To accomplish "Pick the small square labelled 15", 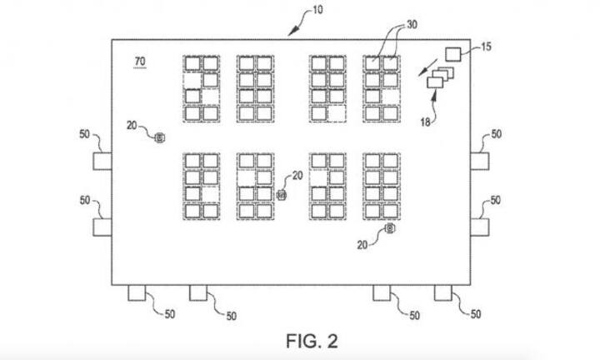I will (454, 54).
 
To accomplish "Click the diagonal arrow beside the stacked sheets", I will (427, 65).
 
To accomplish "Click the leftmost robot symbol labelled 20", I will (161, 136).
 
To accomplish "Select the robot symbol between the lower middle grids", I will (282, 195).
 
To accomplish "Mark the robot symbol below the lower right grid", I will (389, 228).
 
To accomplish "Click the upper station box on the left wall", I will (102, 161).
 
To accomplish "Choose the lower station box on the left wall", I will (102, 227).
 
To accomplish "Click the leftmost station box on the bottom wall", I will (136, 292).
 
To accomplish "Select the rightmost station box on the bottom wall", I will (444, 292).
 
